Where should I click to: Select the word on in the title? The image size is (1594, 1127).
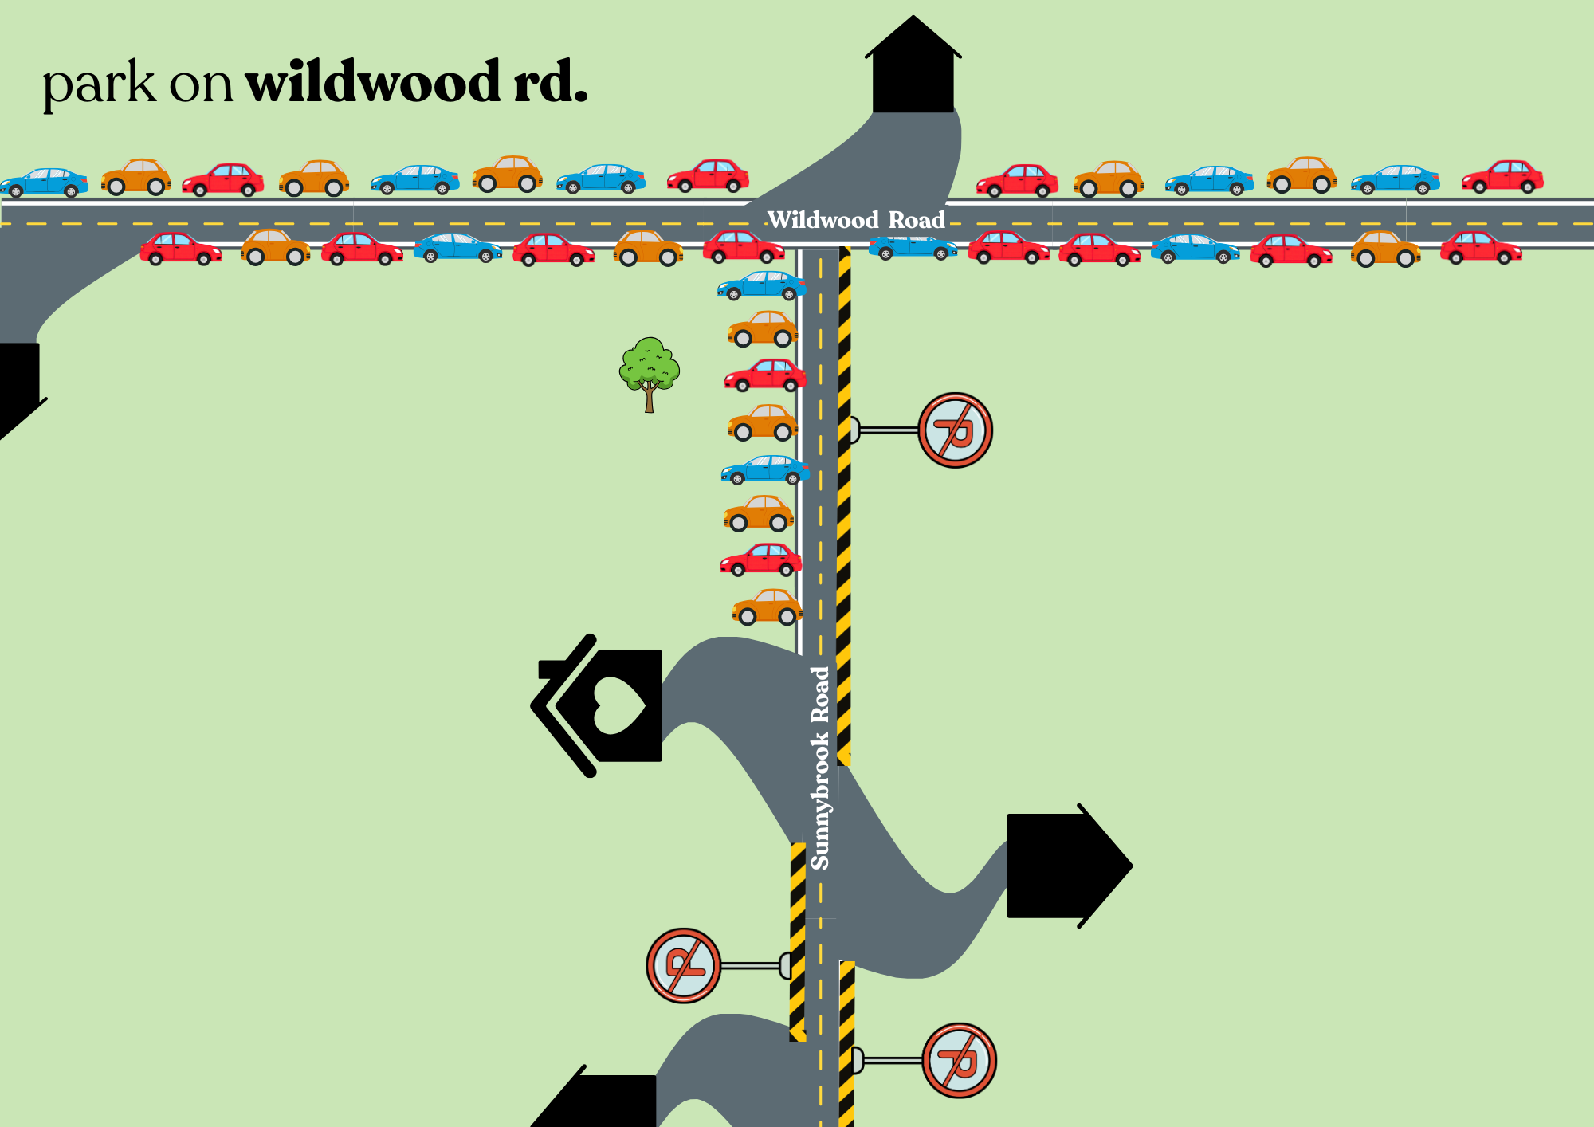click(201, 84)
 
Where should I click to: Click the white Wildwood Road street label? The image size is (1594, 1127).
click(856, 220)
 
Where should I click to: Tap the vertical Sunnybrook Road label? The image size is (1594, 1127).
click(820, 768)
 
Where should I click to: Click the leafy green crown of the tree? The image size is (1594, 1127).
click(650, 365)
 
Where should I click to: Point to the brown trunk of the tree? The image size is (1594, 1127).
click(650, 399)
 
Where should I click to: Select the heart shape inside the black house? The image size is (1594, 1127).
click(618, 705)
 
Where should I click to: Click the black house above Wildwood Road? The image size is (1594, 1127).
click(913, 72)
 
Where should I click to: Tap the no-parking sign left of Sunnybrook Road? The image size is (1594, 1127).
click(684, 965)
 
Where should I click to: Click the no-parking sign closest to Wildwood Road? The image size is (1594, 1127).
click(955, 430)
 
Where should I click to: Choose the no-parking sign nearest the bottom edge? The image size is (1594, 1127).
click(959, 1061)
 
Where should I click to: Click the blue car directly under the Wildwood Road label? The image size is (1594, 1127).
click(913, 248)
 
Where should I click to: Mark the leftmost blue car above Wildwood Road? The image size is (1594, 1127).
click(45, 182)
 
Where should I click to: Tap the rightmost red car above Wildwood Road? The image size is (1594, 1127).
click(1502, 177)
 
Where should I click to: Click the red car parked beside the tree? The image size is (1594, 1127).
click(765, 375)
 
